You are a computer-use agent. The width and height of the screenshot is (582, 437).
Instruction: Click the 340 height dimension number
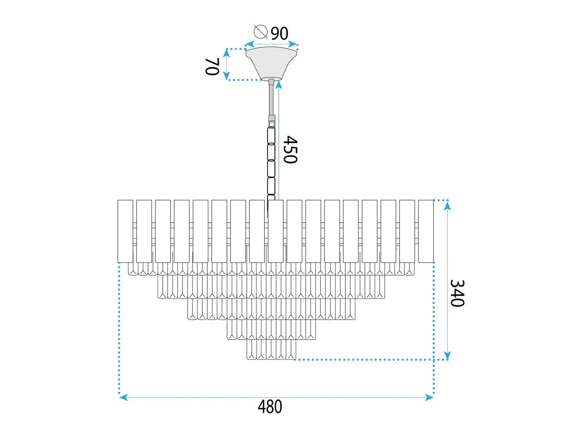point(457,293)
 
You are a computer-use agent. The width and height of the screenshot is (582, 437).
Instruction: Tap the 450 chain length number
point(290,150)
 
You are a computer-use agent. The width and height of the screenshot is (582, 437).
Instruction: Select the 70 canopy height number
point(212,67)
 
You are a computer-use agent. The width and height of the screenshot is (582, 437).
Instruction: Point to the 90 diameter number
point(279,33)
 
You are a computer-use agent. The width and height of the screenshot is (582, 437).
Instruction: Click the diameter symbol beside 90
point(260,32)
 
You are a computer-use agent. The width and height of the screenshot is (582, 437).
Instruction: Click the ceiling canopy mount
point(271,63)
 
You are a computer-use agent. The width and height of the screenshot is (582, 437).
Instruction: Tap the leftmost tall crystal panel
point(126,231)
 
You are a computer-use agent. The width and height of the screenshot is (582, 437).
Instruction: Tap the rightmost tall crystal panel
point(426,231)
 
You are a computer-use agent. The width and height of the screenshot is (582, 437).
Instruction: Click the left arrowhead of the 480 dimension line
point(123,398)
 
